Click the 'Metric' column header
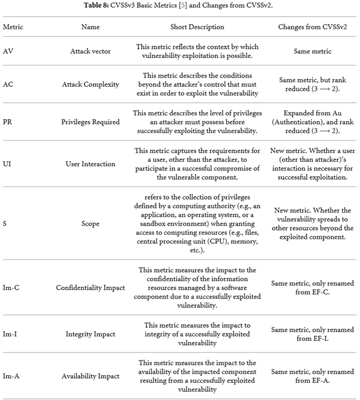(13, 27)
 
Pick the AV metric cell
(9, 51)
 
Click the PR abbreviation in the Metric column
(8, 122)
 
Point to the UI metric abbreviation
(7, 164)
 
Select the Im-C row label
(12, 288)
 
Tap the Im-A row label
(12, 376)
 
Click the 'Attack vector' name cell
(90, 51)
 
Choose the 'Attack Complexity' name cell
(90, 84)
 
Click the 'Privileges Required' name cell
(90, 122)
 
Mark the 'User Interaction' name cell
(90, 164)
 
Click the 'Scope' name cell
(90, 224)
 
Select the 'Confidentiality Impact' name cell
(90, 288)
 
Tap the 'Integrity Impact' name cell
(90, 334)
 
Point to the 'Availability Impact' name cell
(90, 376)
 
